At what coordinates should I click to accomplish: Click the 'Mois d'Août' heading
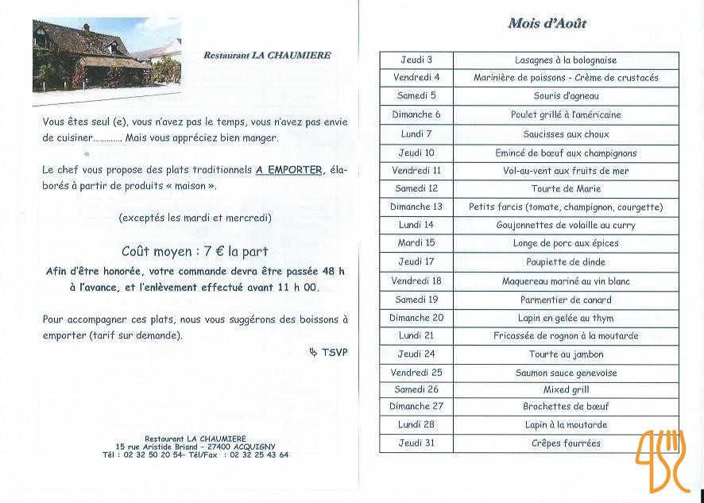point(547,24)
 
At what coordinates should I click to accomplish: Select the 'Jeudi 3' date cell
point(416,60)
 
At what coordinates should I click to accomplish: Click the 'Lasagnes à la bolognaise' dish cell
point(566,60)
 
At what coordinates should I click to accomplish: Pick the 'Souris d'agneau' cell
point(566,96)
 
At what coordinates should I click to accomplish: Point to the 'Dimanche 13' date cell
point(416,207)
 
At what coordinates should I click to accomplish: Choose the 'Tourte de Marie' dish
point(566,189)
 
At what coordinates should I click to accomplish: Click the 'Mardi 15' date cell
point(416,243)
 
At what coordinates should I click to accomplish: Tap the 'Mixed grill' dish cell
point(566,390)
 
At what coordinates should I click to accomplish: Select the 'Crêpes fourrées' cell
point(566,443)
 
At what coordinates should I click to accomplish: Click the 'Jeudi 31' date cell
point(416,443)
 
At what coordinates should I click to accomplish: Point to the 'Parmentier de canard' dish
point(566,300)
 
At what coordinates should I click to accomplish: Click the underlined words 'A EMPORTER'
point(289,170)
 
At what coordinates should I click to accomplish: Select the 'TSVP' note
point(334,352)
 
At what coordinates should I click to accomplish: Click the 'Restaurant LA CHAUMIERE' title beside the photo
point(267,56)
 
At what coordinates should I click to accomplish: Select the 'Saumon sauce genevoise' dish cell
point(566,373)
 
